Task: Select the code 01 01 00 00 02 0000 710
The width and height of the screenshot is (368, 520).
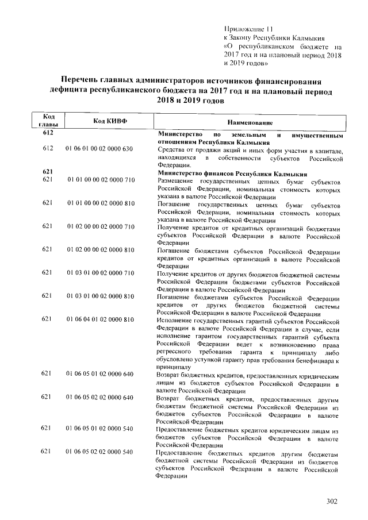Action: coord(100,180)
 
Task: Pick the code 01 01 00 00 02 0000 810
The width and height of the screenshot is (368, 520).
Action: coord(100,203)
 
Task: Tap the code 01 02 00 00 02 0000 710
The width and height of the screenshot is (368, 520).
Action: coord(100,226)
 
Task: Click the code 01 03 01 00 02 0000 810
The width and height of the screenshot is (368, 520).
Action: coord(100,296)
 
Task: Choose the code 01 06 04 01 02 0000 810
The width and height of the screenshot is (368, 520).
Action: coord(100,319)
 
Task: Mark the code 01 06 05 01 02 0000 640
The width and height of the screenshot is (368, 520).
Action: coord(100,374)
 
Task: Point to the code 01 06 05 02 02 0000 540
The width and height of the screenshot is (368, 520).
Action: coord(100,452)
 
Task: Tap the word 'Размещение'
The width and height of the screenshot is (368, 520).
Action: coord(176,180)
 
